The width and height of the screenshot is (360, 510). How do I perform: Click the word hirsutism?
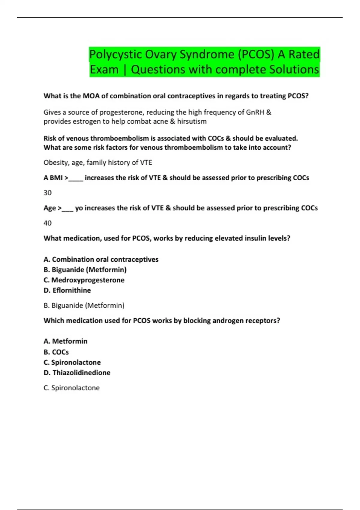tap(192, 121)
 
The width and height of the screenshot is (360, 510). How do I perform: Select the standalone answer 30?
tap(47, 193)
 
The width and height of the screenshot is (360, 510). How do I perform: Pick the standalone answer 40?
tap(47, 223)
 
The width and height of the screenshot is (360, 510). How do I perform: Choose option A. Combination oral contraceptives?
tap(101, 259)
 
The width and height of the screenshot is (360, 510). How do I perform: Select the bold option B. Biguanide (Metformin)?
tap(85, 270)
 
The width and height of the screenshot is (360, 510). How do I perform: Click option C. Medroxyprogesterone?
tap(84, 280)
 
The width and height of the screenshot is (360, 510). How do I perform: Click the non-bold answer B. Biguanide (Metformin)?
tap(84, 305)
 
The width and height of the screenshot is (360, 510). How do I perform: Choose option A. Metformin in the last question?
tap(65, 341)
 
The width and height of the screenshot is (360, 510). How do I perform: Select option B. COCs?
tap(56, 352)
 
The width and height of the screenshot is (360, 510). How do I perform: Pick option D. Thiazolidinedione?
tap(77, 373)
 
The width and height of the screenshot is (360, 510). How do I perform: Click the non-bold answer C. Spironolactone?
tap(71, 388)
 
